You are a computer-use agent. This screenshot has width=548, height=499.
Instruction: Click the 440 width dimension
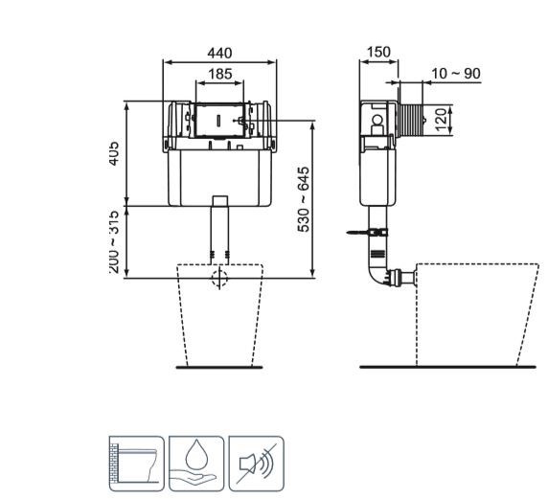[x=220, y=54]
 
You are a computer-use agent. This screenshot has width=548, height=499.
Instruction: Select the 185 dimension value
[x=220, y=73]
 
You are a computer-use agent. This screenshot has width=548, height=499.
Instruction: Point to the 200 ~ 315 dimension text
[x=113, y=242]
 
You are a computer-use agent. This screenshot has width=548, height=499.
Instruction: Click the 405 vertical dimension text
[x=113, y=153]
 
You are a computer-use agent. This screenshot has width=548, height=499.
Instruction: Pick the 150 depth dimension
[x=378, y=53]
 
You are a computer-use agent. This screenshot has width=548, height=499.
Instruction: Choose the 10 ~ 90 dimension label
[x=455, y=74]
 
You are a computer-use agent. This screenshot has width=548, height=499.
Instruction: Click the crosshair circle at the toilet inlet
[x=219, y=279]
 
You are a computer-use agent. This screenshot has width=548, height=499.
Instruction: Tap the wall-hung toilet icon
[x=136, y=463]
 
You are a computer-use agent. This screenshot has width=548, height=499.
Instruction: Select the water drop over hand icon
[x=196, y=463]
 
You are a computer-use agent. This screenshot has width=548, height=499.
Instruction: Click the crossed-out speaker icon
[x=257, y=463]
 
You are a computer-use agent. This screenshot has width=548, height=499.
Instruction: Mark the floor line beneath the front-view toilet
[x=219, y=367]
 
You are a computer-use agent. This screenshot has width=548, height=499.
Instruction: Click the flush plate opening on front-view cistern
[x=219, y=121]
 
